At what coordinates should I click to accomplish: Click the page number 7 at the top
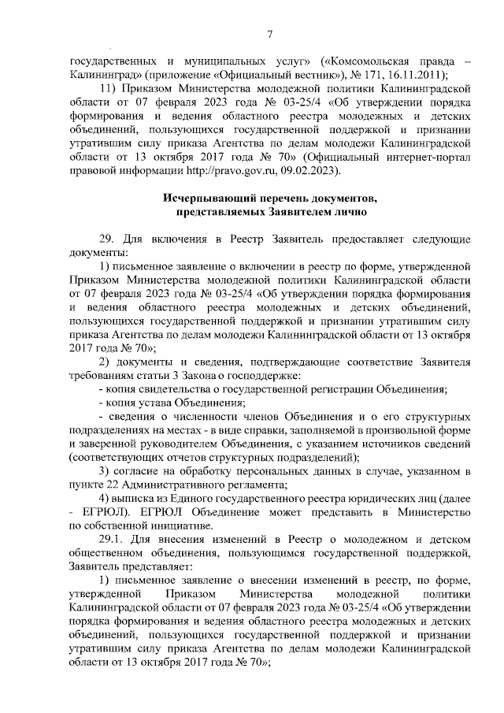(269, 33)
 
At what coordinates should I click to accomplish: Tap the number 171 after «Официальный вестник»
(369, 75)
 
